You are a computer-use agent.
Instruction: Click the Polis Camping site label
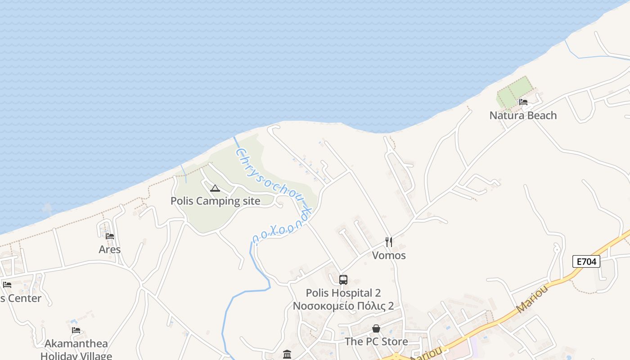click(x=215, y=201)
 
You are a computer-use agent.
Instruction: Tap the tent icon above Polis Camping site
click(x=215, y=188)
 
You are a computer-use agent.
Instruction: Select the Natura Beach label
click(x=523, y=116)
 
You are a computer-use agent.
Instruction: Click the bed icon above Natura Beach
click(x=523, y=102)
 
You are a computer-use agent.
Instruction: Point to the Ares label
click(x=110, y=250)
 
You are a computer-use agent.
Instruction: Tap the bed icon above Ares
click(x=110, y=236)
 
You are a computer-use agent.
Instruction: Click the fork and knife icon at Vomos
click(x=389, y=242)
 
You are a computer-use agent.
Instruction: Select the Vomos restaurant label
click(x=389, y=256)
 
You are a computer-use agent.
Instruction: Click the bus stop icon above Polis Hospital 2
click(x=343, y=280)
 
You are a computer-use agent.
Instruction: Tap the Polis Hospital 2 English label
click(x=343, y=293)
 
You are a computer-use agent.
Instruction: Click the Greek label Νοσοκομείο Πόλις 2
click(x=343, y=306)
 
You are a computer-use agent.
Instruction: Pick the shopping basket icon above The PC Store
click(x=376, y=329)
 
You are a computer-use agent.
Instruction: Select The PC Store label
click(x=376, y=342)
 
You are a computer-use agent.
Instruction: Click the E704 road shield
click(x=586, y=261)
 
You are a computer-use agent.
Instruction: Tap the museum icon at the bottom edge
click(x=287, y=355)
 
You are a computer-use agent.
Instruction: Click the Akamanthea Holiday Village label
click(x=76, y=350)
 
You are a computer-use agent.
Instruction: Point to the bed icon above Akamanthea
click(x=76, y=330)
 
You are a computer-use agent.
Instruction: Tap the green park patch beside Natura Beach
click(x=513, y=92)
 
